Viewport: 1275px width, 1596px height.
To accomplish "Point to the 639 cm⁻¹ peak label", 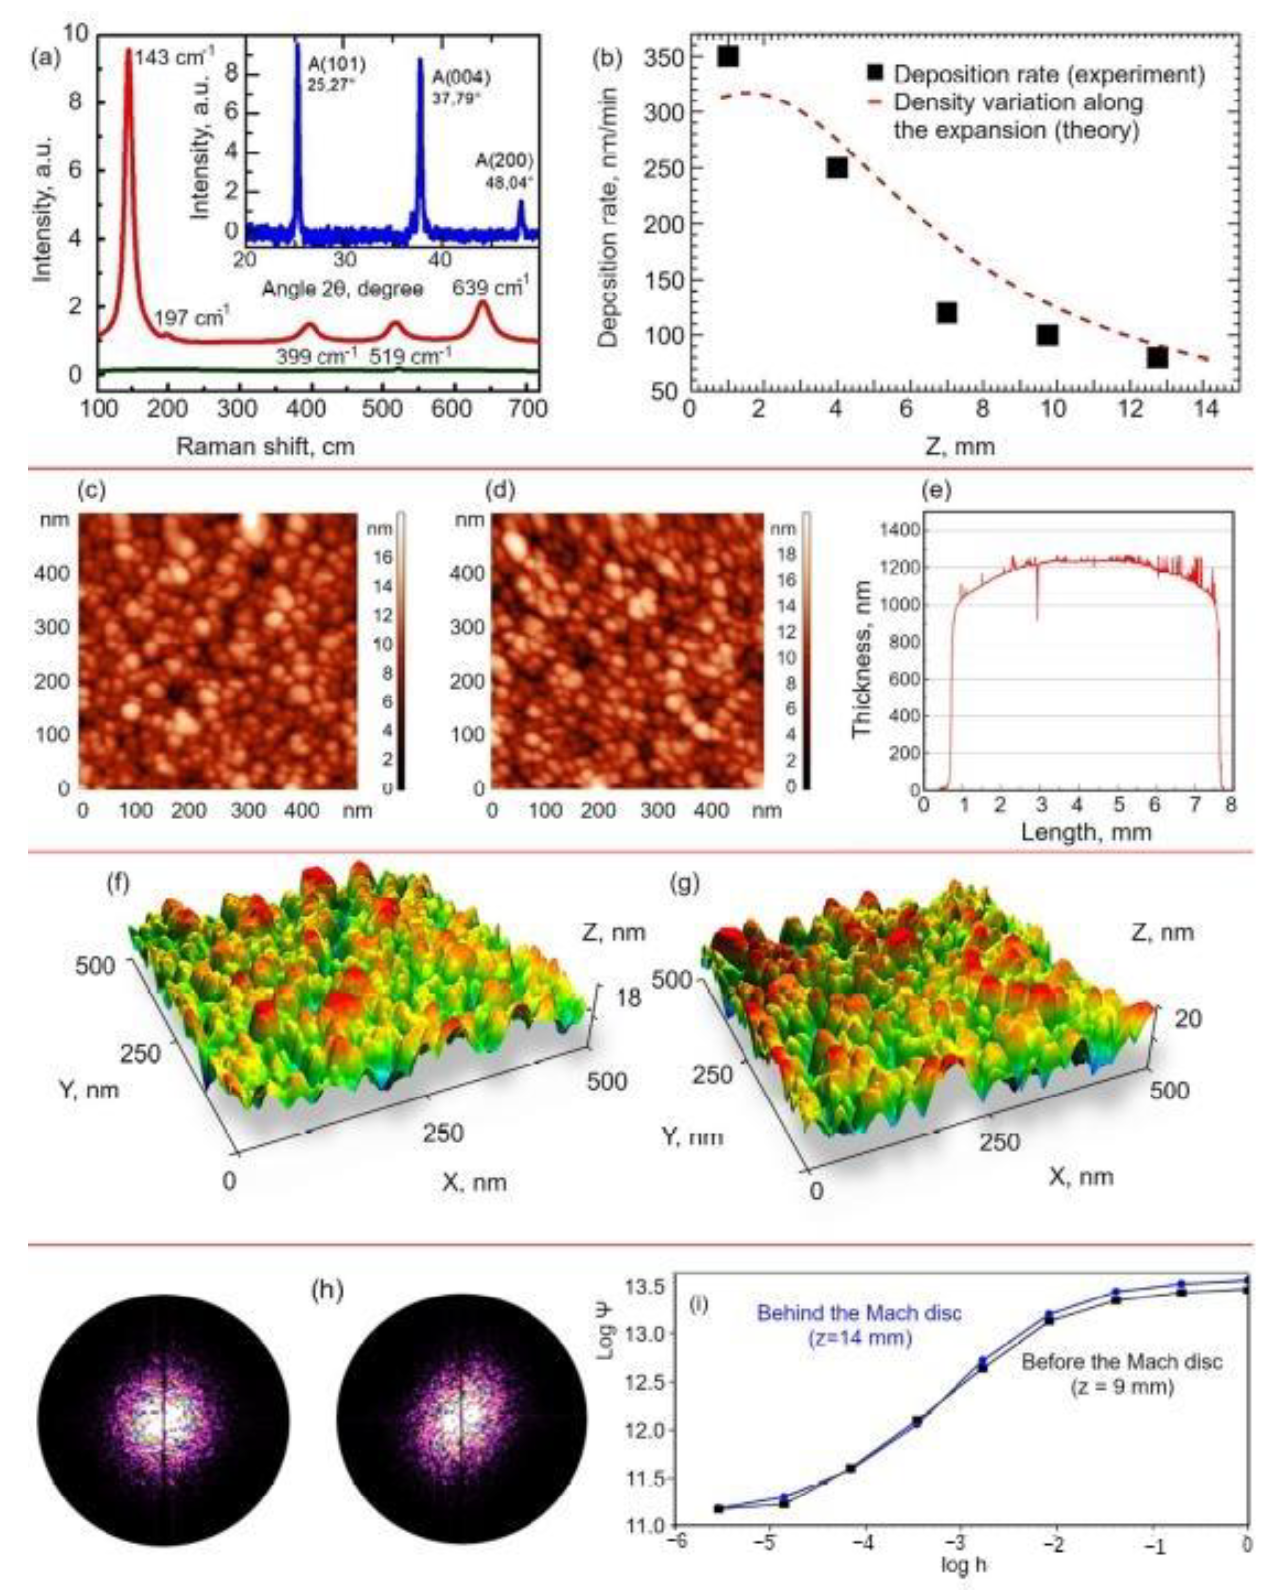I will [x=490, y=288].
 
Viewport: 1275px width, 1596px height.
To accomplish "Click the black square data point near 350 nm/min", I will [x=728, y=57].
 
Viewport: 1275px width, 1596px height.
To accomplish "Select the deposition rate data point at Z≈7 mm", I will [x=947, y=313].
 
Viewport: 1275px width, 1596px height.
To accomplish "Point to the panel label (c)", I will [x=90, y=490].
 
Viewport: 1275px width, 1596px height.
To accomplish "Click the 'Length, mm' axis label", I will [x=1085, y=832].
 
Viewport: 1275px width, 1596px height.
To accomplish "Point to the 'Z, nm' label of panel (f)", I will [x=612, y=932].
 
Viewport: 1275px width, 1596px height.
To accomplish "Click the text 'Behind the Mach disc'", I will [x=859, y=1313].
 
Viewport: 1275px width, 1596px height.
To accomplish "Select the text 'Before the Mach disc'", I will [x=1122, y=1362].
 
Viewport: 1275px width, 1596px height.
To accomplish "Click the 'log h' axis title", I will [x=962, y=1565].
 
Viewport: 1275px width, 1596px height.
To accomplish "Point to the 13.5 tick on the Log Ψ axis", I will [x=643, y=1287].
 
